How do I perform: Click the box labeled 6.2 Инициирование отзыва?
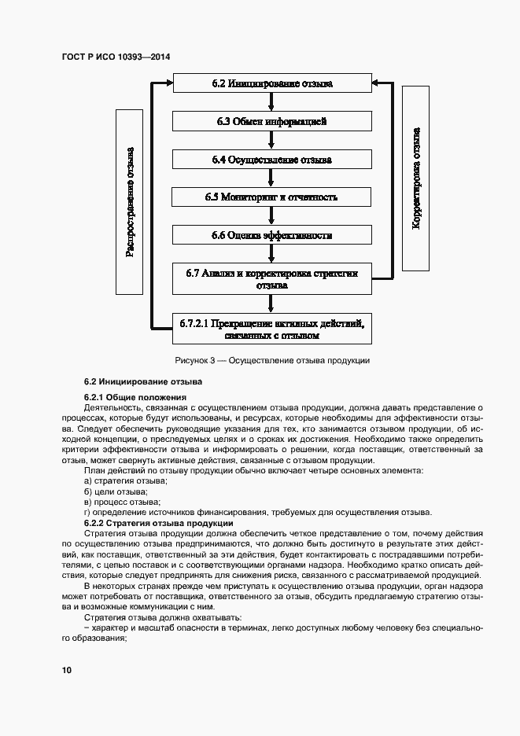[272, 83]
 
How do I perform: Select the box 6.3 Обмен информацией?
[272, 121]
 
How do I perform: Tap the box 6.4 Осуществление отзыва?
[272, 159]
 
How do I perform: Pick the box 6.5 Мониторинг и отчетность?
[272, 197]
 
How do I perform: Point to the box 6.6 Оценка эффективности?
[272, 235]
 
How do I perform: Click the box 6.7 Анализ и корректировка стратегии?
[272, 279]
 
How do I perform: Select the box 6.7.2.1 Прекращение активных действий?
[272, 329]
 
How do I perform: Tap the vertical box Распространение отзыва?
[131, 202]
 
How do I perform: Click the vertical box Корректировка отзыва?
[417, 177]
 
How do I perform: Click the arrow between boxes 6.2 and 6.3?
[272, 101]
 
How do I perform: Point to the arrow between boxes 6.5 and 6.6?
[272, 216]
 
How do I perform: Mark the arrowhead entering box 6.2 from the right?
[378, 82]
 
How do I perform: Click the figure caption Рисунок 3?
[272, 360]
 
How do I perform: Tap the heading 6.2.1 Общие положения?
[135, 397]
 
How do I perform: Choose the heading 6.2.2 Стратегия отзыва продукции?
[157, 522]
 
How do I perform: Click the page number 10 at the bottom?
[66, 670]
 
